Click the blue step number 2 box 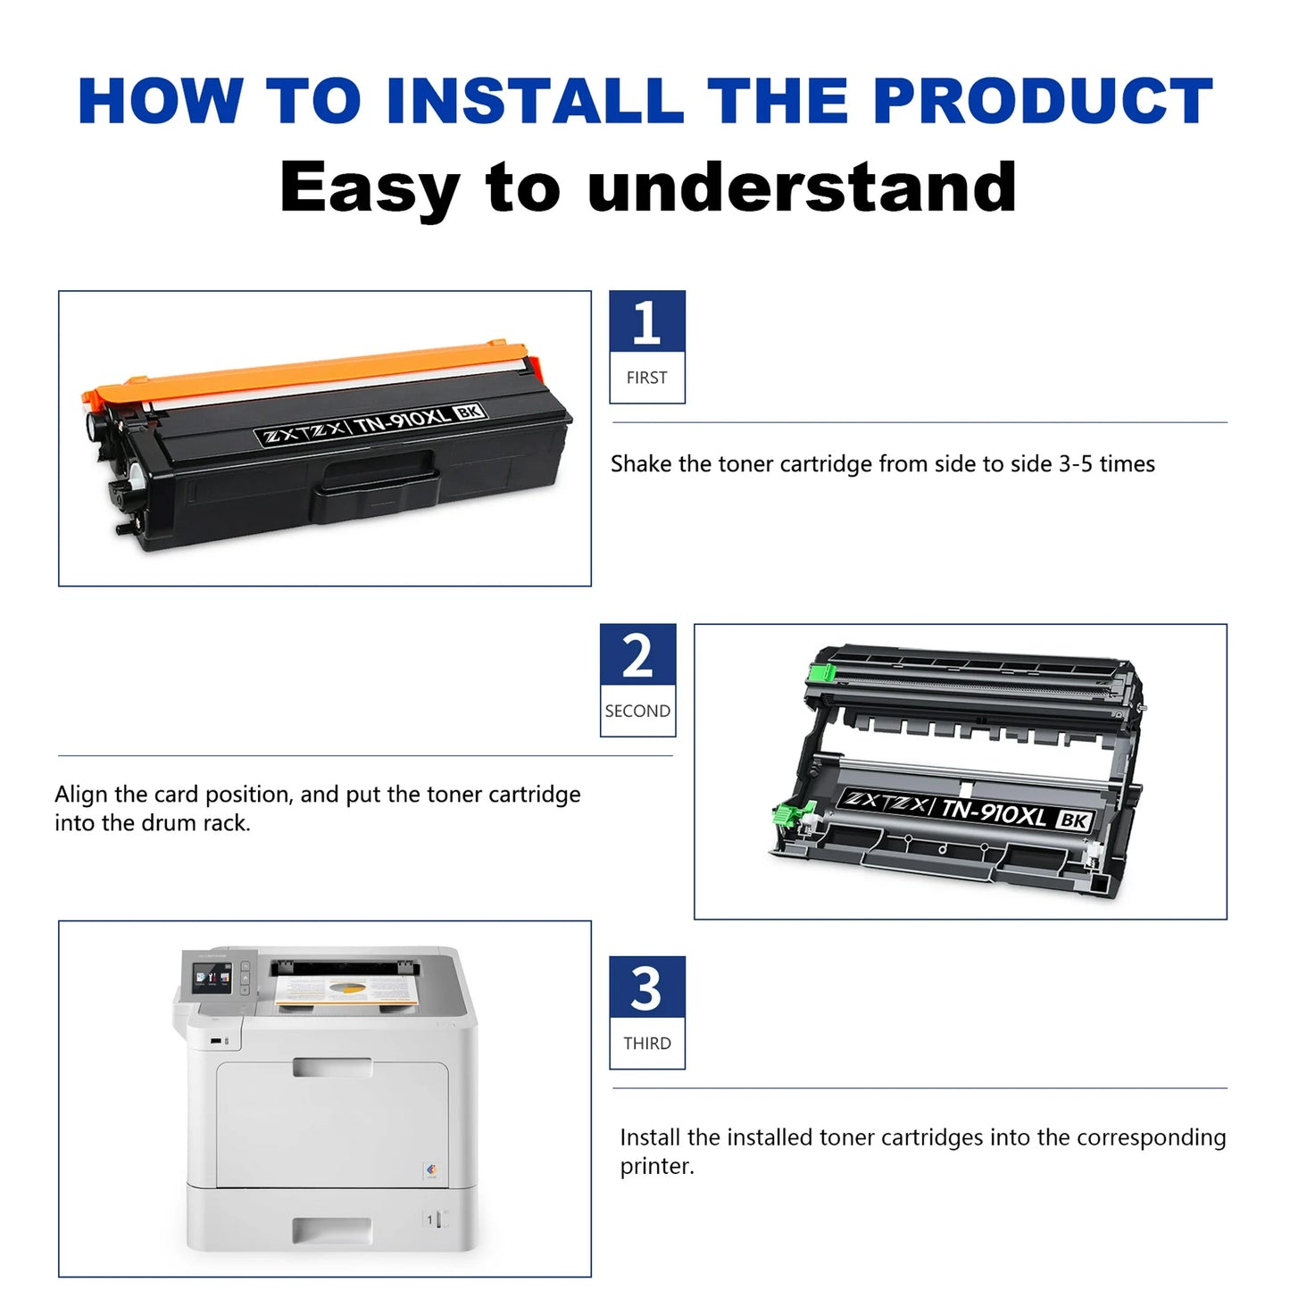[x=637, y=655]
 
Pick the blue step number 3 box [x=646, y=987]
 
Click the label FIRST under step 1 [x=646, y=378]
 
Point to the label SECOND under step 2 [x=637, y=712]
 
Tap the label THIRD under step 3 [x=646, y=1044]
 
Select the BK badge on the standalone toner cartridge [x=470, y=412]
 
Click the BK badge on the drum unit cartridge [x=1073, y=820]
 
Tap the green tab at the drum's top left [x=820, y=672]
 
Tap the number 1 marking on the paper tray [x=429, y=1219]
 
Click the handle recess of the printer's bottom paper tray [x=331, y=1231]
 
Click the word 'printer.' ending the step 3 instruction [x=657, y=1167]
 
